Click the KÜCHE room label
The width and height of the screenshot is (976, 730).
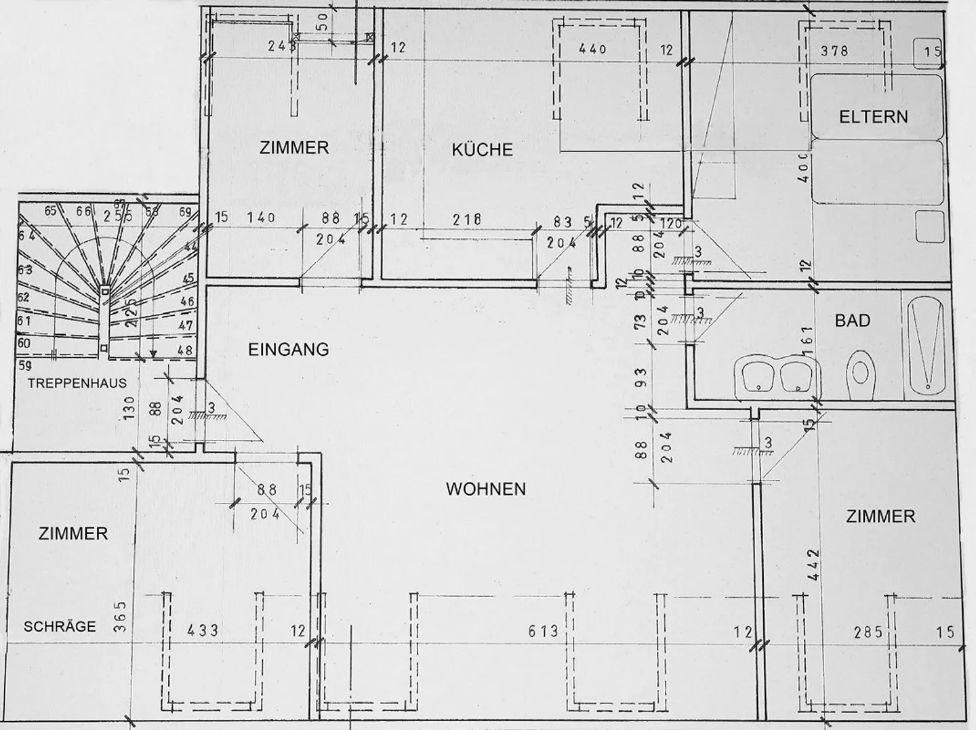(482, 150)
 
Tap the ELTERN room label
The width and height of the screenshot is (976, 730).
(873, 117)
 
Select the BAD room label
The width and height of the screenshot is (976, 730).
(852, 320)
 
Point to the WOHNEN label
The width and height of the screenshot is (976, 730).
(485, 489)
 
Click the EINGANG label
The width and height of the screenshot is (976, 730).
(288, 350)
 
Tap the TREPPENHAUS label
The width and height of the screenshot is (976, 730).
(77, 383)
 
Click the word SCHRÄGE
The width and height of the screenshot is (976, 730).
(60, 626)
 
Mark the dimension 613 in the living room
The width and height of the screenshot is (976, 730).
(544, 632)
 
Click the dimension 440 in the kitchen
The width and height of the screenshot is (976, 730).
(593, 49)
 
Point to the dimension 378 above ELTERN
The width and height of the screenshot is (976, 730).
(834, 50)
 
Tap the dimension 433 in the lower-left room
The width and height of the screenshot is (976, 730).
(203, 630)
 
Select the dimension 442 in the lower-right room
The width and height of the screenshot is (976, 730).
(814, 564)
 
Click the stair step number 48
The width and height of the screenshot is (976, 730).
(184, 351)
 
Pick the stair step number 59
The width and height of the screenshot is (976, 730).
(24, 365)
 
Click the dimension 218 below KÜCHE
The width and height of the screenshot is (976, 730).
(467, 219)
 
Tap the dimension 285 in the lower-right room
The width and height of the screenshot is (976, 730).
(868, 632)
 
